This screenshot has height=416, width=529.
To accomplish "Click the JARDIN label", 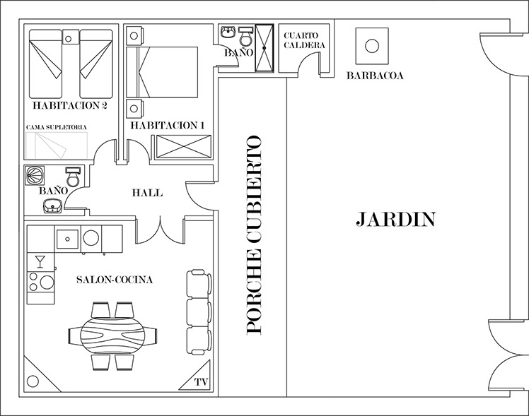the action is coord(396,219).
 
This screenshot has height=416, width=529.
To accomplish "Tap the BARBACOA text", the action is coord(375,76).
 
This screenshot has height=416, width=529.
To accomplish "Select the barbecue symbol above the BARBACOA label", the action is coord(372,46).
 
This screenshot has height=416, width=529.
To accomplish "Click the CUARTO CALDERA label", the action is coord(304,40).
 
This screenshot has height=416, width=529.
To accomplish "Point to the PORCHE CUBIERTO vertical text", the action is coord(254,234).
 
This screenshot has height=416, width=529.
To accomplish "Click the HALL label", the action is coord(147,193).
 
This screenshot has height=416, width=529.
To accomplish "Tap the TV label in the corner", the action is coord(201,382).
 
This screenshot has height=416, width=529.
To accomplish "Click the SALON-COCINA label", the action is coord(115,280).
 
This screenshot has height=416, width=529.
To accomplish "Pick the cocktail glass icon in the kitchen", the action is coord(40,262).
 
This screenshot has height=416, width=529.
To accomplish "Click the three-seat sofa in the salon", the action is coord(199,312).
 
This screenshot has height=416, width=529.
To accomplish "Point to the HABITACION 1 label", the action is coord(168,126).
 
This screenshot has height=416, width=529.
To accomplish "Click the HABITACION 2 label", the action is coord(70,106).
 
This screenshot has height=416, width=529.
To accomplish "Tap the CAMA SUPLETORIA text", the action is coord(57,127).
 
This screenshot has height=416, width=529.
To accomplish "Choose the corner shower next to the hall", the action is coord(35,175).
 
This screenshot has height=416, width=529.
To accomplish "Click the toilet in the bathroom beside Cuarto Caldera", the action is coord(245,37).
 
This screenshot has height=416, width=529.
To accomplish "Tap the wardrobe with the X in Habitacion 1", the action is coord(184,146).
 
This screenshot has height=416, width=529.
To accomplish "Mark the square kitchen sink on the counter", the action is coord(67,239).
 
